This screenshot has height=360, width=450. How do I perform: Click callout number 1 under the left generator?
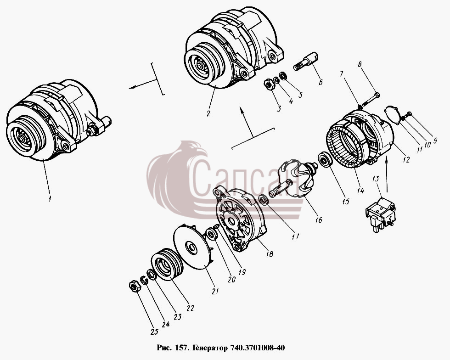coord(50,198)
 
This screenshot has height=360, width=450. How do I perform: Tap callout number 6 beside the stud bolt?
coord(321,82)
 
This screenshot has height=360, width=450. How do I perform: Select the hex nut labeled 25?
coord(134,286)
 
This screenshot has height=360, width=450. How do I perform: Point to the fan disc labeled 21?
coord(194,247)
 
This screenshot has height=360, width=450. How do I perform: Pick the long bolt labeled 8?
coord(371,99)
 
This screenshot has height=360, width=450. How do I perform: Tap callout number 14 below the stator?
coord(360,190)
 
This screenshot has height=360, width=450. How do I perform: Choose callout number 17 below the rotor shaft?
coord(295,236)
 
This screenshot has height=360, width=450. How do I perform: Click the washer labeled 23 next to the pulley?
coord(151,275)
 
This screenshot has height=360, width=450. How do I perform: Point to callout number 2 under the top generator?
coord(208,113)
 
